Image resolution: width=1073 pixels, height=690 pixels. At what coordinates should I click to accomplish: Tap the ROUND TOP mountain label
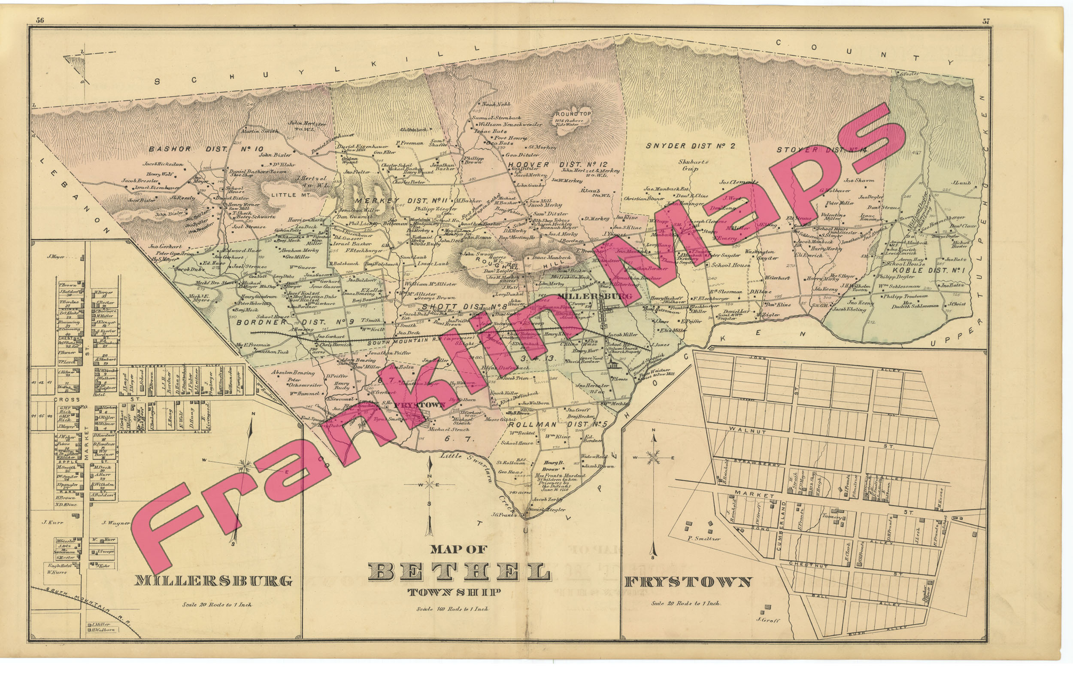coord(573,114)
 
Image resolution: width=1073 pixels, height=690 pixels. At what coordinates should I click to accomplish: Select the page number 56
coord(40,20)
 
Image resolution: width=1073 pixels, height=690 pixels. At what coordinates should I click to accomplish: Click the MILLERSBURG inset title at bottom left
coord(213,581)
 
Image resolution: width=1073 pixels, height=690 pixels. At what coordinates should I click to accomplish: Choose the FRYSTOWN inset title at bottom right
coord(688,582)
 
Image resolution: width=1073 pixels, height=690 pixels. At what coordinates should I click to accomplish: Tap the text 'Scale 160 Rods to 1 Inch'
coord(452,609)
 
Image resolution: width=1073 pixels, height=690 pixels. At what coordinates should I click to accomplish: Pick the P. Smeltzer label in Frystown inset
coord(704,538)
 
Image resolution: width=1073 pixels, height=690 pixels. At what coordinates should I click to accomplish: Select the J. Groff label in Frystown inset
coord(768,620)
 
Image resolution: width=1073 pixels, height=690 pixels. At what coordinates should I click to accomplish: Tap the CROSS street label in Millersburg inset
coord(66,399)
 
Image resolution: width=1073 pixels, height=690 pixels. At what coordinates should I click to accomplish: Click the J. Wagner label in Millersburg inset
coord(115,523)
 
